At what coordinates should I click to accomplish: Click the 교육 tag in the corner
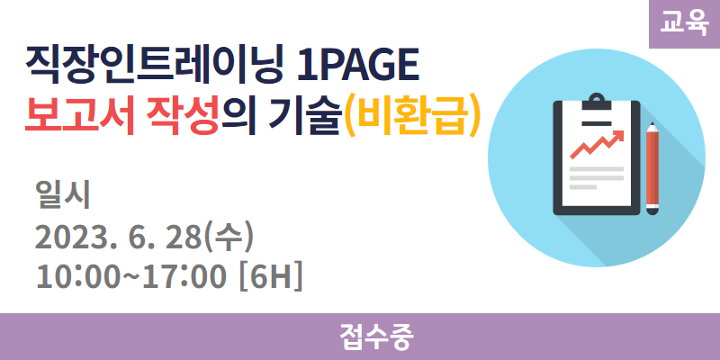(x=684, y=23)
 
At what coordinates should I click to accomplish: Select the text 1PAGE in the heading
(x=357, y=67)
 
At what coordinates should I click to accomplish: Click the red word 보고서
(x=79, y=119)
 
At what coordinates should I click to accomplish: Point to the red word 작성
(x=183, y=119)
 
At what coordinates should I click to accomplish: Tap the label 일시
(x=63, y=195)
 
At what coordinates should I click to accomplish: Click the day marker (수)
(x=229, y=239)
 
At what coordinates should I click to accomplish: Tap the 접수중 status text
(x=377, y=337)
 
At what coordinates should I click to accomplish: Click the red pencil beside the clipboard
(x=652, y=168)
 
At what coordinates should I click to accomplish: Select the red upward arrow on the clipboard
(x=597, y=144)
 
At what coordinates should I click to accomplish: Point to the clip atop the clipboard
(x=597, y=102)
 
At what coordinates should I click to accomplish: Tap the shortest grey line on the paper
(x=583, y=187)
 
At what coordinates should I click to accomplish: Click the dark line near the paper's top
(x=597, y=122)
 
